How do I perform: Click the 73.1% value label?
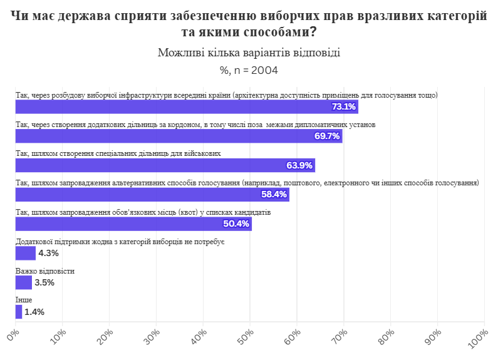point(344,107)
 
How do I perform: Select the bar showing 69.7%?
point(179,136)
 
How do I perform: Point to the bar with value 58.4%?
point(152,195)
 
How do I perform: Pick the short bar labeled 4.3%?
point(26,253)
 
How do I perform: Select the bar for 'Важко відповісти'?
point(23,282)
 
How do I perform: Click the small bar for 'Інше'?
point(19,312)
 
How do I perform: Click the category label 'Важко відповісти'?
point(45,271)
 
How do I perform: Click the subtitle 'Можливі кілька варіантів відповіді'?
point(249,53)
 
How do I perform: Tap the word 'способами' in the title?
point(276,31)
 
